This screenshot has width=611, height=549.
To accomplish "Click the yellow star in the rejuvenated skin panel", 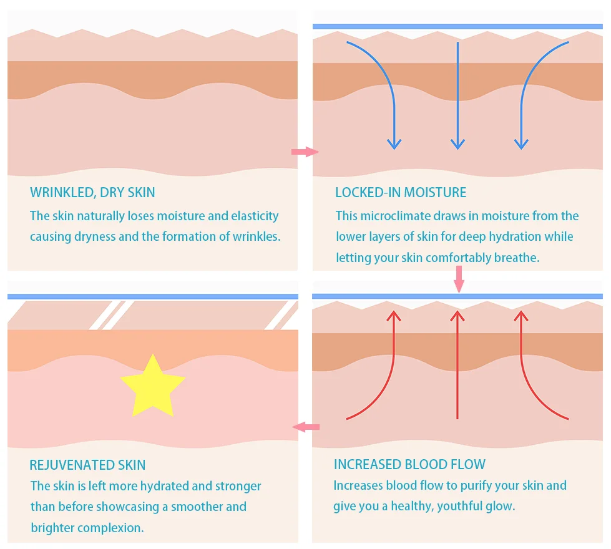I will pos(152,386).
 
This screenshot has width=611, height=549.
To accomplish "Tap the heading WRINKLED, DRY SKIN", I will pos(92,193).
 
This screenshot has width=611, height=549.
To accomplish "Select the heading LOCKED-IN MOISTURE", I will pos(401,193).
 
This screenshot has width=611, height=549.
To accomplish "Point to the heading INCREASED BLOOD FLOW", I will pos(409,464).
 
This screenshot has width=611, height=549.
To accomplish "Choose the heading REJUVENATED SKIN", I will pos(87,465).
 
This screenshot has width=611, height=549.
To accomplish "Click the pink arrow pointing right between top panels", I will pos(305,152).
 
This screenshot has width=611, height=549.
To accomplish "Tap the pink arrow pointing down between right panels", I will pos(459,279).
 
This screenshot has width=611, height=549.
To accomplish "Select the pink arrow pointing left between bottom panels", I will pos(306,427).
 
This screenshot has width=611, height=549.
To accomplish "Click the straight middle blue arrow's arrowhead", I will pos(457,144).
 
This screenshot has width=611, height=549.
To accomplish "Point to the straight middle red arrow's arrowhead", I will pos(457,316).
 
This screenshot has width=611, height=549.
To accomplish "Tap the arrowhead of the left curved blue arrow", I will pos(394,144).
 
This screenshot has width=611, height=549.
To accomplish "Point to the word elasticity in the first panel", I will pos(255,216).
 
